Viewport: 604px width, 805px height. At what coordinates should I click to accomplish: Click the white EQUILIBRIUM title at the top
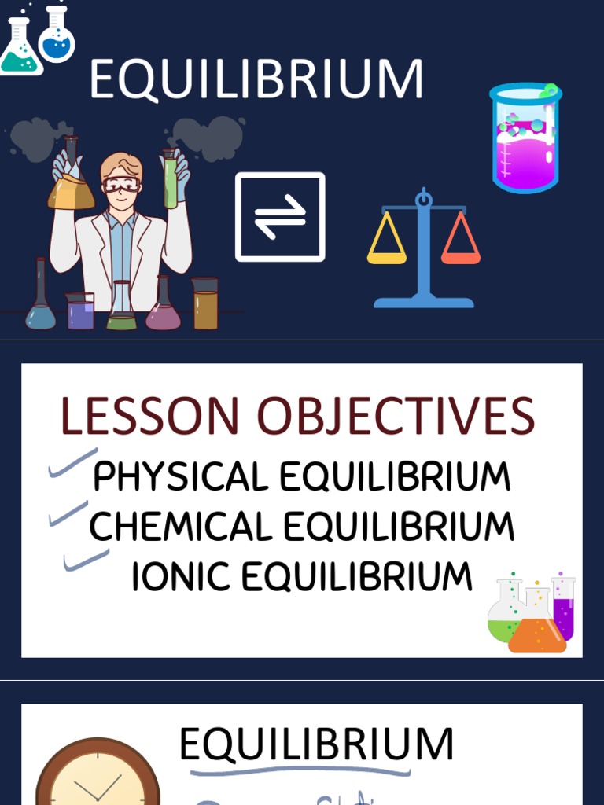coord(256,79)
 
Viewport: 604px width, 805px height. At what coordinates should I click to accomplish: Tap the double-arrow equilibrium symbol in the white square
coord(280,217)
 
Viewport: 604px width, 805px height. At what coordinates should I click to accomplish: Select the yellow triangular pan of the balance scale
coord(387,241)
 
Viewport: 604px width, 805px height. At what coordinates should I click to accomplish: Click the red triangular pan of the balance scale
coord(461,241)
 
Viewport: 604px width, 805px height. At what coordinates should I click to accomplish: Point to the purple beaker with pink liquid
coord(525,139)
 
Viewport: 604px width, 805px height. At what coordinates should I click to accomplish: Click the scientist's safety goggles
coord(121,186)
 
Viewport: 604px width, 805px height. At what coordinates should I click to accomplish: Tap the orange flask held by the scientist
coord(71,189)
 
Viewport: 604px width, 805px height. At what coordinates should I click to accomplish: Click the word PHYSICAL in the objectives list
coord(181,477)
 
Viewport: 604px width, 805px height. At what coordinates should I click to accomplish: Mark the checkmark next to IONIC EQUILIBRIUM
coord(86,561)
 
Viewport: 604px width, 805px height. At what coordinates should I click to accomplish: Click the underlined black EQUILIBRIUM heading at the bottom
coord(316,744)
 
